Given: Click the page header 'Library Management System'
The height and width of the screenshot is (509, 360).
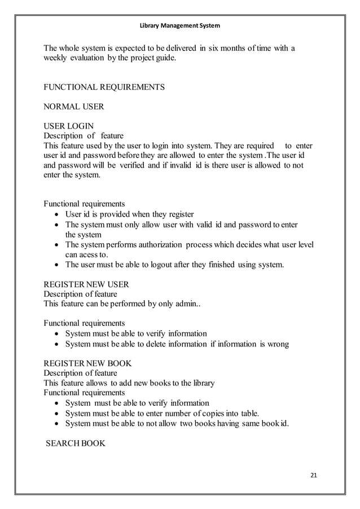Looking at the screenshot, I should (180, 26).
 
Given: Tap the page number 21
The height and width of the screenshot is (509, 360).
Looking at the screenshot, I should (314, 473).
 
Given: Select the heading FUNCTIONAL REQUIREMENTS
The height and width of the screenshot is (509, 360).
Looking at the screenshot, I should (104, 87).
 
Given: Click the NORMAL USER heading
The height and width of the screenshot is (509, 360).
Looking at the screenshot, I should (73, 106).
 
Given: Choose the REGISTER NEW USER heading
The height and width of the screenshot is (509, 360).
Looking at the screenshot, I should (86, 284).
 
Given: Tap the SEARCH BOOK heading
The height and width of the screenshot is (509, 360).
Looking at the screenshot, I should (76, 443).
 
